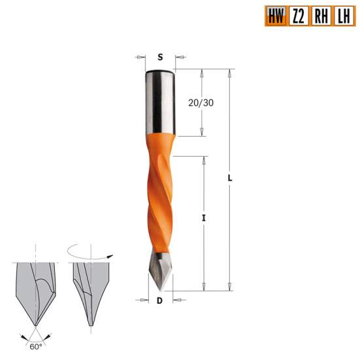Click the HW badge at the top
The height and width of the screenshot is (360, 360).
275,16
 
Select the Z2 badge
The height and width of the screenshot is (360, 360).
298,16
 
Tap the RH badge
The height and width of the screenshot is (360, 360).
320,16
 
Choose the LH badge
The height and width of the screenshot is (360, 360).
342,16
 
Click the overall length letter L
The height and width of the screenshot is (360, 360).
231,178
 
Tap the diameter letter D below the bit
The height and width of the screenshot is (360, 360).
159,301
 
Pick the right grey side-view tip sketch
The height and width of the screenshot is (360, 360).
88,291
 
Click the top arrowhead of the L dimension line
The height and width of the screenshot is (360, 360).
231,72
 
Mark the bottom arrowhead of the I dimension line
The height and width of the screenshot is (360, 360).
204,287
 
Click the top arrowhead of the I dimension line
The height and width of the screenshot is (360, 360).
204,159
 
